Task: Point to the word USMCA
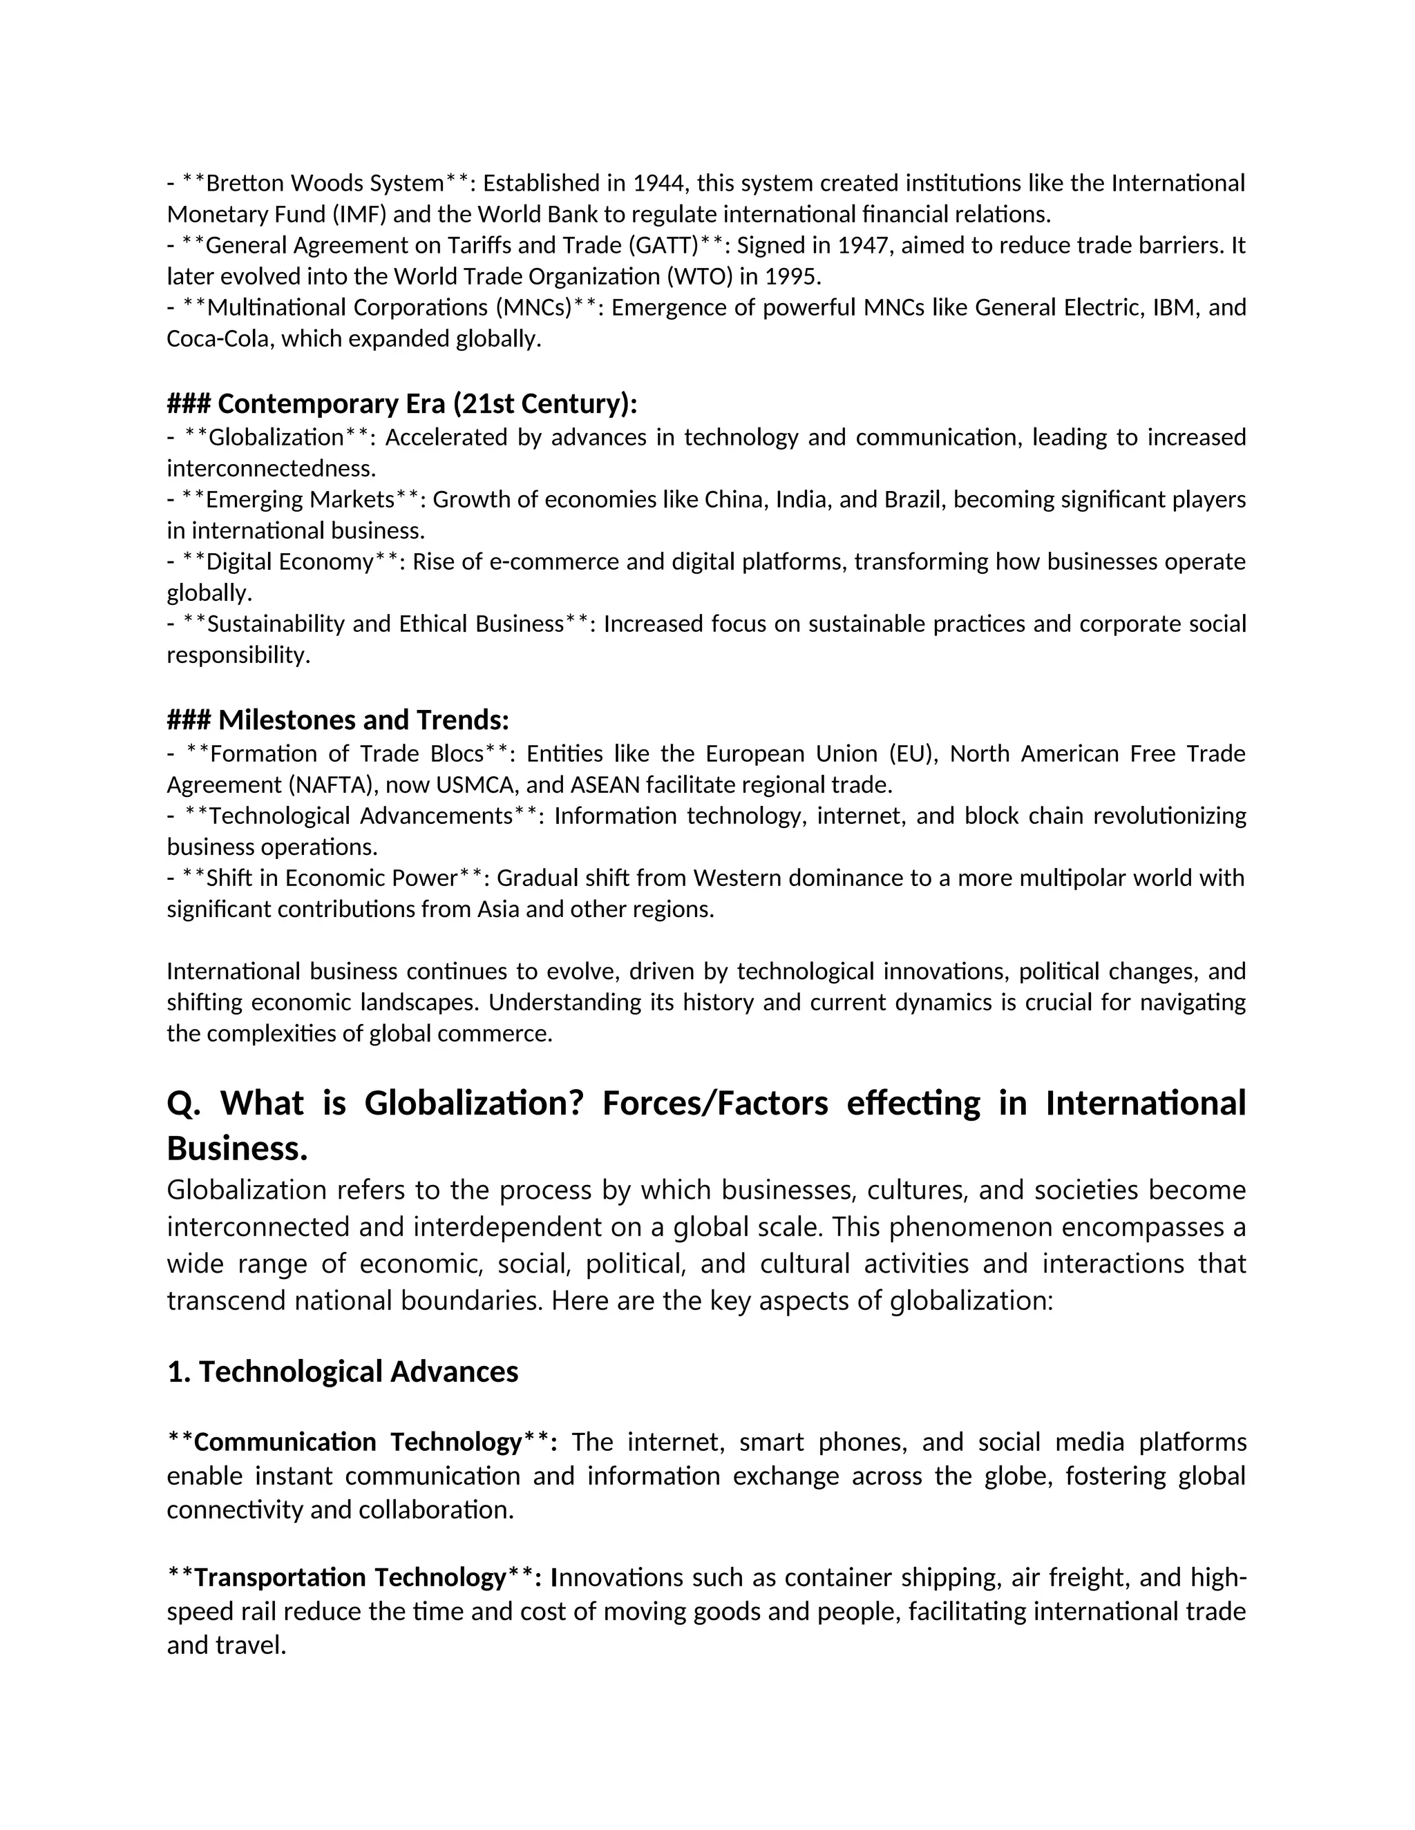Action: point(476,785)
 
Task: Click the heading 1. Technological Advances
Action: point(343,1371)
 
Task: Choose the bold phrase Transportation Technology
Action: point(350,1577)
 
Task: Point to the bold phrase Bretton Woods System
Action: point(325,183)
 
